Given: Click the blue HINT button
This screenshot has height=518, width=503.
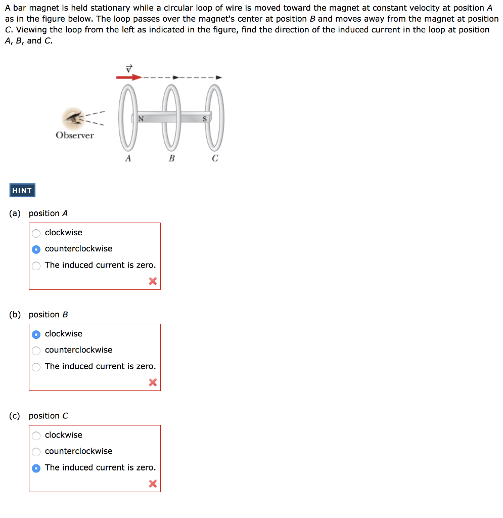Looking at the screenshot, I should pyautogui.click(x=22, y=191).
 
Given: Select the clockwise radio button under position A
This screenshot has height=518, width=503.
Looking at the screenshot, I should pyautogui.click(x=36, y=233).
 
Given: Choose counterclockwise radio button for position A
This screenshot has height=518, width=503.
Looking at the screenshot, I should pyautogui.click(x=36, y=249).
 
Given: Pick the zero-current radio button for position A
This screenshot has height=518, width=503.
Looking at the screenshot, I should pyautogui.click(x=36, y=266).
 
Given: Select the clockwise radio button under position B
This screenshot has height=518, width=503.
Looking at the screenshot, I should pyautogui.click(x=36, y=334).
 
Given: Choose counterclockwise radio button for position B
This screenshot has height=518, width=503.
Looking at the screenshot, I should pyautogui.click(x=36, y=351).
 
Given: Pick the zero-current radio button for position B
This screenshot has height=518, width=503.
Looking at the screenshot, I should pyautogui.click(x=36, y=367).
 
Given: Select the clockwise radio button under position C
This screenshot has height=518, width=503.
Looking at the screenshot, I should pyautogui.click(x=36, y=436).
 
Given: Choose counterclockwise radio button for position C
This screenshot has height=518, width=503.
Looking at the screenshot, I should pyautogui.click(x=36, y=452).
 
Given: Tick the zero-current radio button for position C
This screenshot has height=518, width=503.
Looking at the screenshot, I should pyautogui.click(x=36, y=468).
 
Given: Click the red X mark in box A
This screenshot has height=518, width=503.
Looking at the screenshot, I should pyautogui.click(x=153, y=281).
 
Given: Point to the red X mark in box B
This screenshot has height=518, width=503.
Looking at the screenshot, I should pyautogui.click(x=153, y=382).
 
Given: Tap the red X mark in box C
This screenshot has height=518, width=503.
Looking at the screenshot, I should pyautogui.click(x=153, y=484).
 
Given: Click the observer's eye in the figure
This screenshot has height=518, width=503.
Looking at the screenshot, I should pyautogui.click(x=74, y=118).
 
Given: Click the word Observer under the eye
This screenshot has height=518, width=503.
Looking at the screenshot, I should pyautogui.click(x=75, y=135).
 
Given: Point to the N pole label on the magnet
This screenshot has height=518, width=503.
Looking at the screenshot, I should pyautogui.click(x=141, y=119).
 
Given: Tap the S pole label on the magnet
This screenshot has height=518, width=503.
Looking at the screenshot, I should pyautogui.click(x=205, y=119).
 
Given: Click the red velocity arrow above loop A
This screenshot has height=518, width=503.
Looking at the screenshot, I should pyautogui.click(x=129, y=77).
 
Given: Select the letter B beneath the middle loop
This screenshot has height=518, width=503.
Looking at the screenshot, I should pyautogui.click(x=171, y=158).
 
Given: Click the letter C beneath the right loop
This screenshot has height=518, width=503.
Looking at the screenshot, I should pyautogui.click(x=215, y=158).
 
